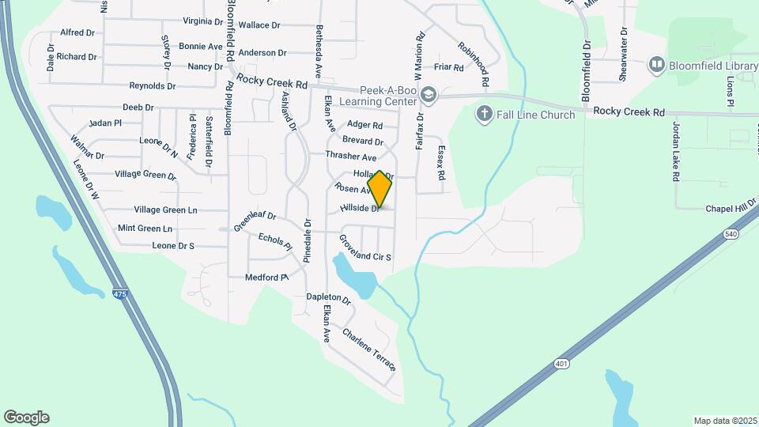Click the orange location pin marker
click(379, 189)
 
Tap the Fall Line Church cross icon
click(485, 115)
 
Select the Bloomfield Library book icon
click(656, 64)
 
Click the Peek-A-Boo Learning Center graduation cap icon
click(428, 94)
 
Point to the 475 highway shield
click(119, 294)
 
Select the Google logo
click(26, 418)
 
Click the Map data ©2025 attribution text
click(724, 421)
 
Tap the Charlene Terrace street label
click(368, 350)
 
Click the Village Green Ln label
click(165, 210)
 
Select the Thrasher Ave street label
click(351, 157)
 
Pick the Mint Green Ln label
click(145, 229)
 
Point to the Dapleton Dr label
click(328, 298)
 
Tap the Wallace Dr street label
click(259, 25)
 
